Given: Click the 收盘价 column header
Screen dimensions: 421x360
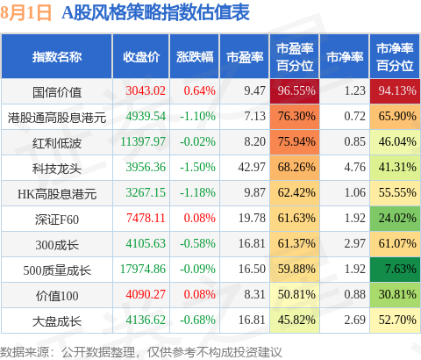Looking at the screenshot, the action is [141, 57].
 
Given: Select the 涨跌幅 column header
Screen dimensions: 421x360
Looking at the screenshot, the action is [195, 57].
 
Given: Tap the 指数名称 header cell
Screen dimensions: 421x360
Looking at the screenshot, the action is [57, 57].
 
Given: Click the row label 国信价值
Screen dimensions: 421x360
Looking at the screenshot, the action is [57, 92].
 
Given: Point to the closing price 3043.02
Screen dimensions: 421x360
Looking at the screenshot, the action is [146, 90].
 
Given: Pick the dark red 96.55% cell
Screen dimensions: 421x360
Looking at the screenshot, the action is [295, 91].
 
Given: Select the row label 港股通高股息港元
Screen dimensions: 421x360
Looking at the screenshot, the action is [57, 118].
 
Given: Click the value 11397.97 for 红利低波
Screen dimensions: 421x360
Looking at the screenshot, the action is [143, 141].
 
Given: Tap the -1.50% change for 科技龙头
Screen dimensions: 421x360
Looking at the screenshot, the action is [197, 167].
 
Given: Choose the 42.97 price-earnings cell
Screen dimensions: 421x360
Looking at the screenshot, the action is [252, 167].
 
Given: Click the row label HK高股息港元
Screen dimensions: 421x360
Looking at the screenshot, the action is [57, 194].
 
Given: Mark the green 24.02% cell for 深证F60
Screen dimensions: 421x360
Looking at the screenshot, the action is [395, 219].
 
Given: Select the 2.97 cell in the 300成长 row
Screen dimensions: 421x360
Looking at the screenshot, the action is [354, 243].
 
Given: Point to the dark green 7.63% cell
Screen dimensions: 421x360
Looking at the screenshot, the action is [395, 270].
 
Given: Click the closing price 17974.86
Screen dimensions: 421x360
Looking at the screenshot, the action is [143, 269].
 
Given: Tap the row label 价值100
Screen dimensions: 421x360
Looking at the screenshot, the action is [57, 296].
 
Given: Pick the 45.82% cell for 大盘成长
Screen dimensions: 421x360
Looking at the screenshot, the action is [295, 320].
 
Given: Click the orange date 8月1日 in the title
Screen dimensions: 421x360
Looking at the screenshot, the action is [26, 13].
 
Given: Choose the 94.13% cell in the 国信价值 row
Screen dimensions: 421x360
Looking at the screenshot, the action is [395, 91].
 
